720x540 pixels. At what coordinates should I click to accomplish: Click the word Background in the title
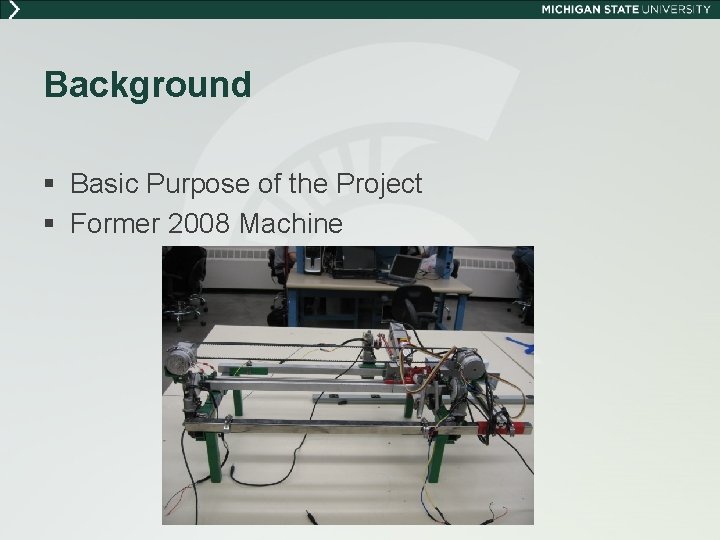click(x=147, y=85)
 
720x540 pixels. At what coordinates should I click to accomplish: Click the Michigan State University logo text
click(x=625, y=9)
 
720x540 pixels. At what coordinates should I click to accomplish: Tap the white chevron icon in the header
click(x=12, y=9)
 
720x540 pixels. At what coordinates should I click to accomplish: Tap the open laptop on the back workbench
click(x=403, y=265)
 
